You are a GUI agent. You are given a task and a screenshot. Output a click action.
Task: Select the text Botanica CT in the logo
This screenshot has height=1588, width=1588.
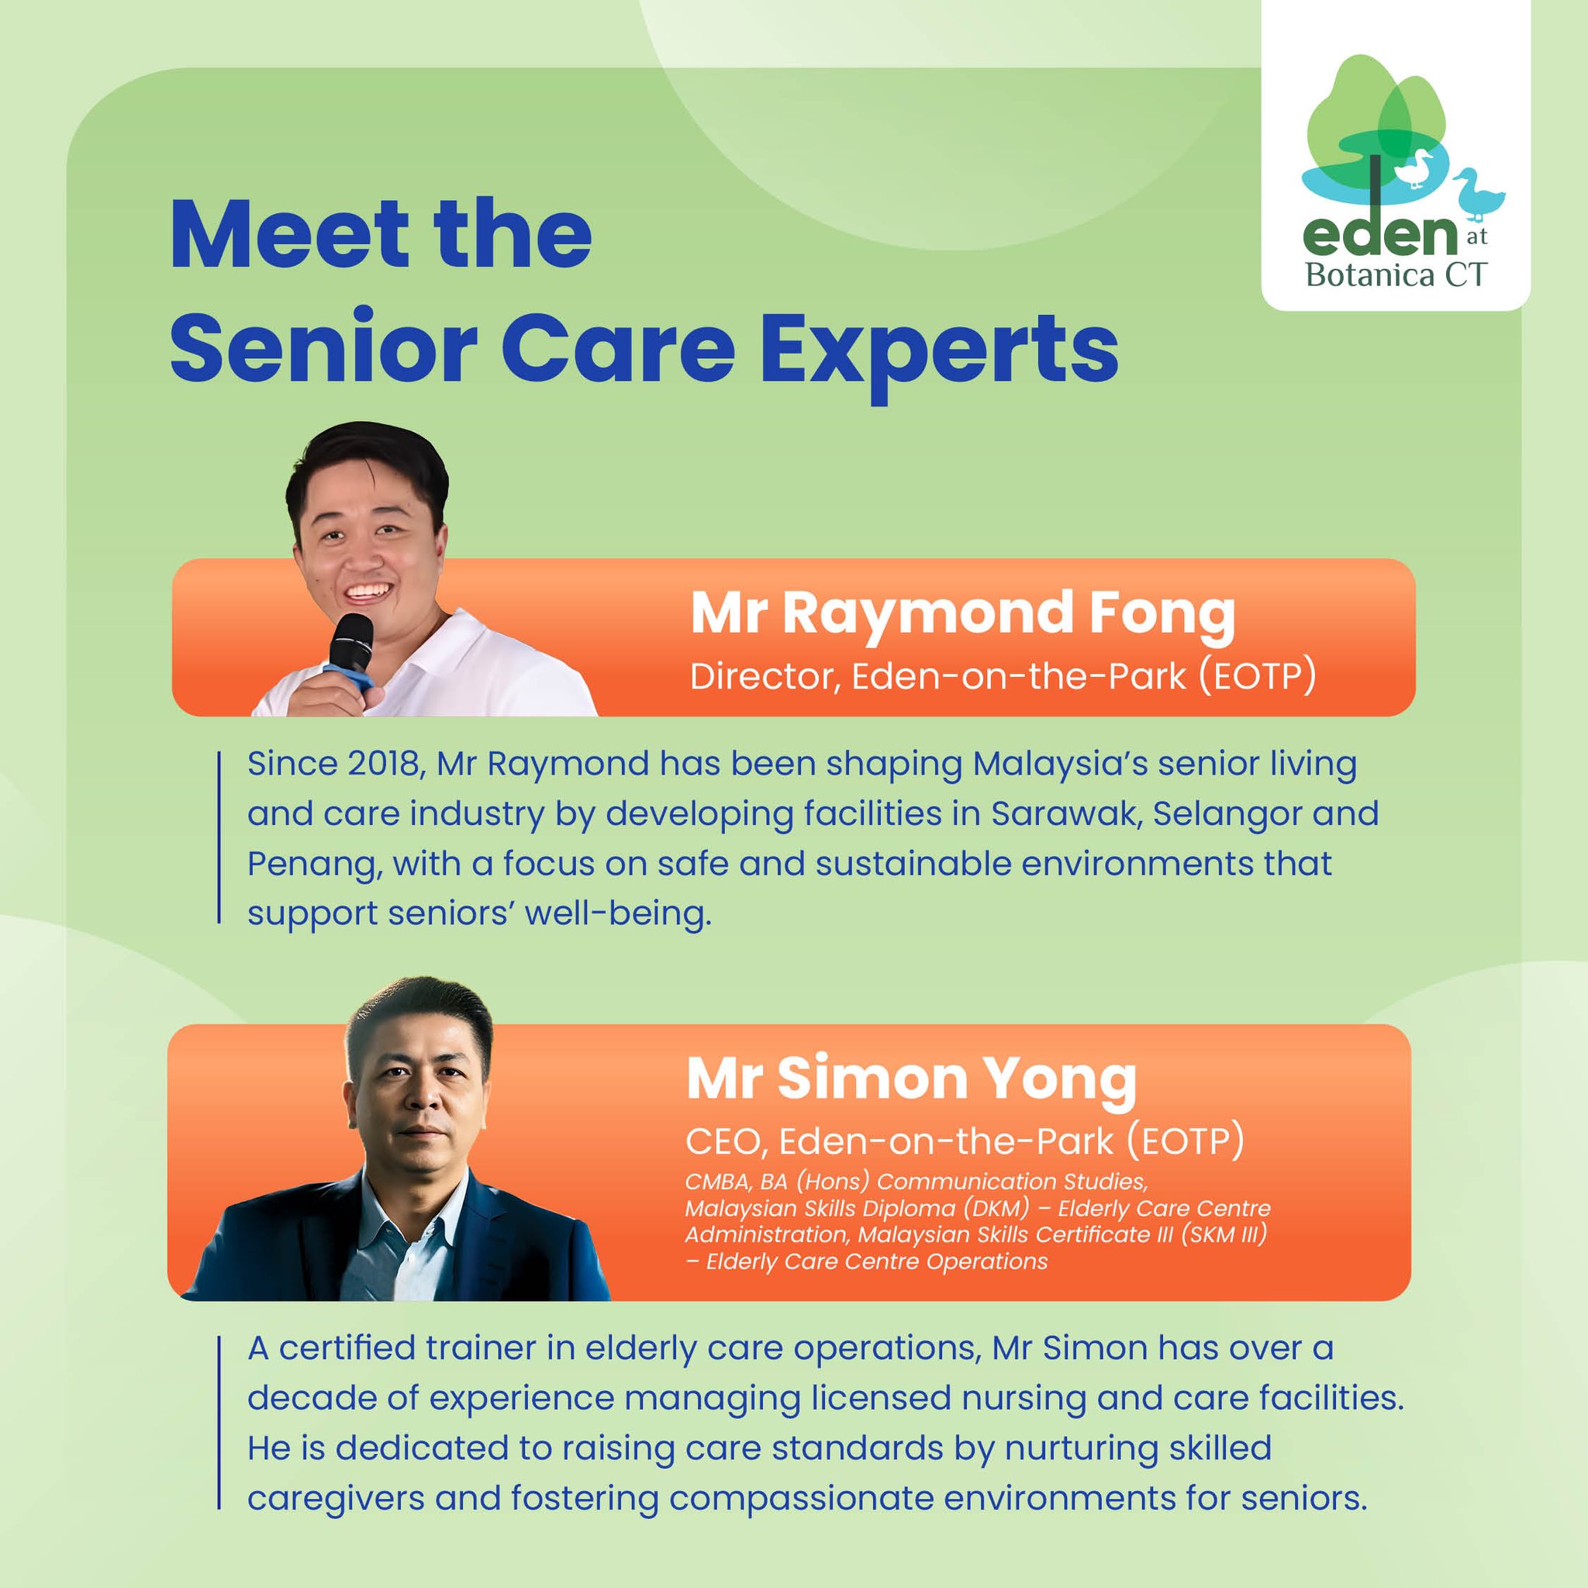(1396, 274)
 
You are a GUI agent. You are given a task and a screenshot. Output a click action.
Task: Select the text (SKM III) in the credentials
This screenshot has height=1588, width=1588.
(1223, 1234)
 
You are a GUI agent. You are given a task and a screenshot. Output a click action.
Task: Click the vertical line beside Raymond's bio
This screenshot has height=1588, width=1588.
(219, 837)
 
